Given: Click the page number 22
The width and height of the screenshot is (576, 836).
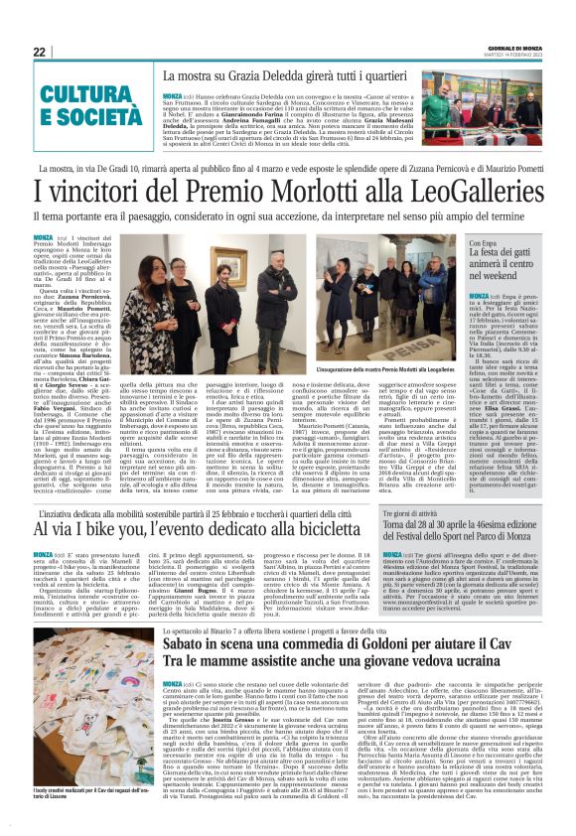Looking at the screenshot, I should click(x=39, y=52).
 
